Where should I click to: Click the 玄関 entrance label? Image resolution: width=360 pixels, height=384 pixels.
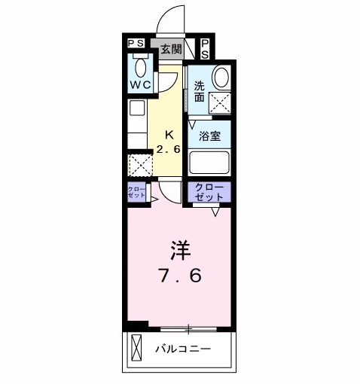point(171,49)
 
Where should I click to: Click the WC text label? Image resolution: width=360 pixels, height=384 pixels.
point(139,85)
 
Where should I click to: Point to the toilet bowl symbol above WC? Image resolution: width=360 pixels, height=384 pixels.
point(139,66)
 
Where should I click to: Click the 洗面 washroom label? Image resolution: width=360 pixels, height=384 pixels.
point(200,91)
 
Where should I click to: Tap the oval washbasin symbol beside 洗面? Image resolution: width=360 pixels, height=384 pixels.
point(220,77)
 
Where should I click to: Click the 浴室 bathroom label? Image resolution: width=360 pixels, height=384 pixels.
point(209,137)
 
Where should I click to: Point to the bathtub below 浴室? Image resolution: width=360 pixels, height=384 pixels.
point(209,163)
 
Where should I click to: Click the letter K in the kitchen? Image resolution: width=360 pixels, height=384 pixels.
point(169,135)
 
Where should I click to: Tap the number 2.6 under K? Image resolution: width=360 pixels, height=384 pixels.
point(169,148)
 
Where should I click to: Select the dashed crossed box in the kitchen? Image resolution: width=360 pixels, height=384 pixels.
point(139,165)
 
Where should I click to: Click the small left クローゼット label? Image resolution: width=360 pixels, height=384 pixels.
point(136,192)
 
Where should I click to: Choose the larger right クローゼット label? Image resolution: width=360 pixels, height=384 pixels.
point(209,191)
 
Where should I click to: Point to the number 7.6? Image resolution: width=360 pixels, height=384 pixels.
point(178,276)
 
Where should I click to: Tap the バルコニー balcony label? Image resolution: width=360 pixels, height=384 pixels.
point(184,349)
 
